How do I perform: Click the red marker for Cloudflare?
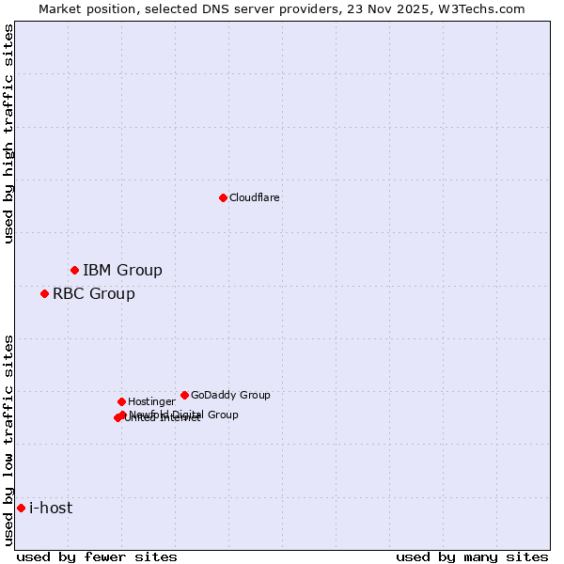(223, 197)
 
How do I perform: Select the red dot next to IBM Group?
(74, 271)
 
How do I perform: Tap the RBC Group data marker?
(44, 294)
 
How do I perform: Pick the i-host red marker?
(21, 509)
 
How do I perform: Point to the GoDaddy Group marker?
(184, 396)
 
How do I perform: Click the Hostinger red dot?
(121, 402)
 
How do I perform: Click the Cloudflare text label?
(255, 198)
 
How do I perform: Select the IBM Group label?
(122, 271)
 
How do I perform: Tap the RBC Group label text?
(93, 294)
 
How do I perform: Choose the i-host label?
(51, 509)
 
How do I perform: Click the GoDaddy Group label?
(230, 396)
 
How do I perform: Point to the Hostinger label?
(151, 402)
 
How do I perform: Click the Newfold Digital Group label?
(183, 415)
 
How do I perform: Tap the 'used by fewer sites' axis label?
(97, 556)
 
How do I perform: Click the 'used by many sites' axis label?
(472, 556)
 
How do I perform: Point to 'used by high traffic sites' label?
(8, 133)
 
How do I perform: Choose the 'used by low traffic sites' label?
(8, 440)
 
